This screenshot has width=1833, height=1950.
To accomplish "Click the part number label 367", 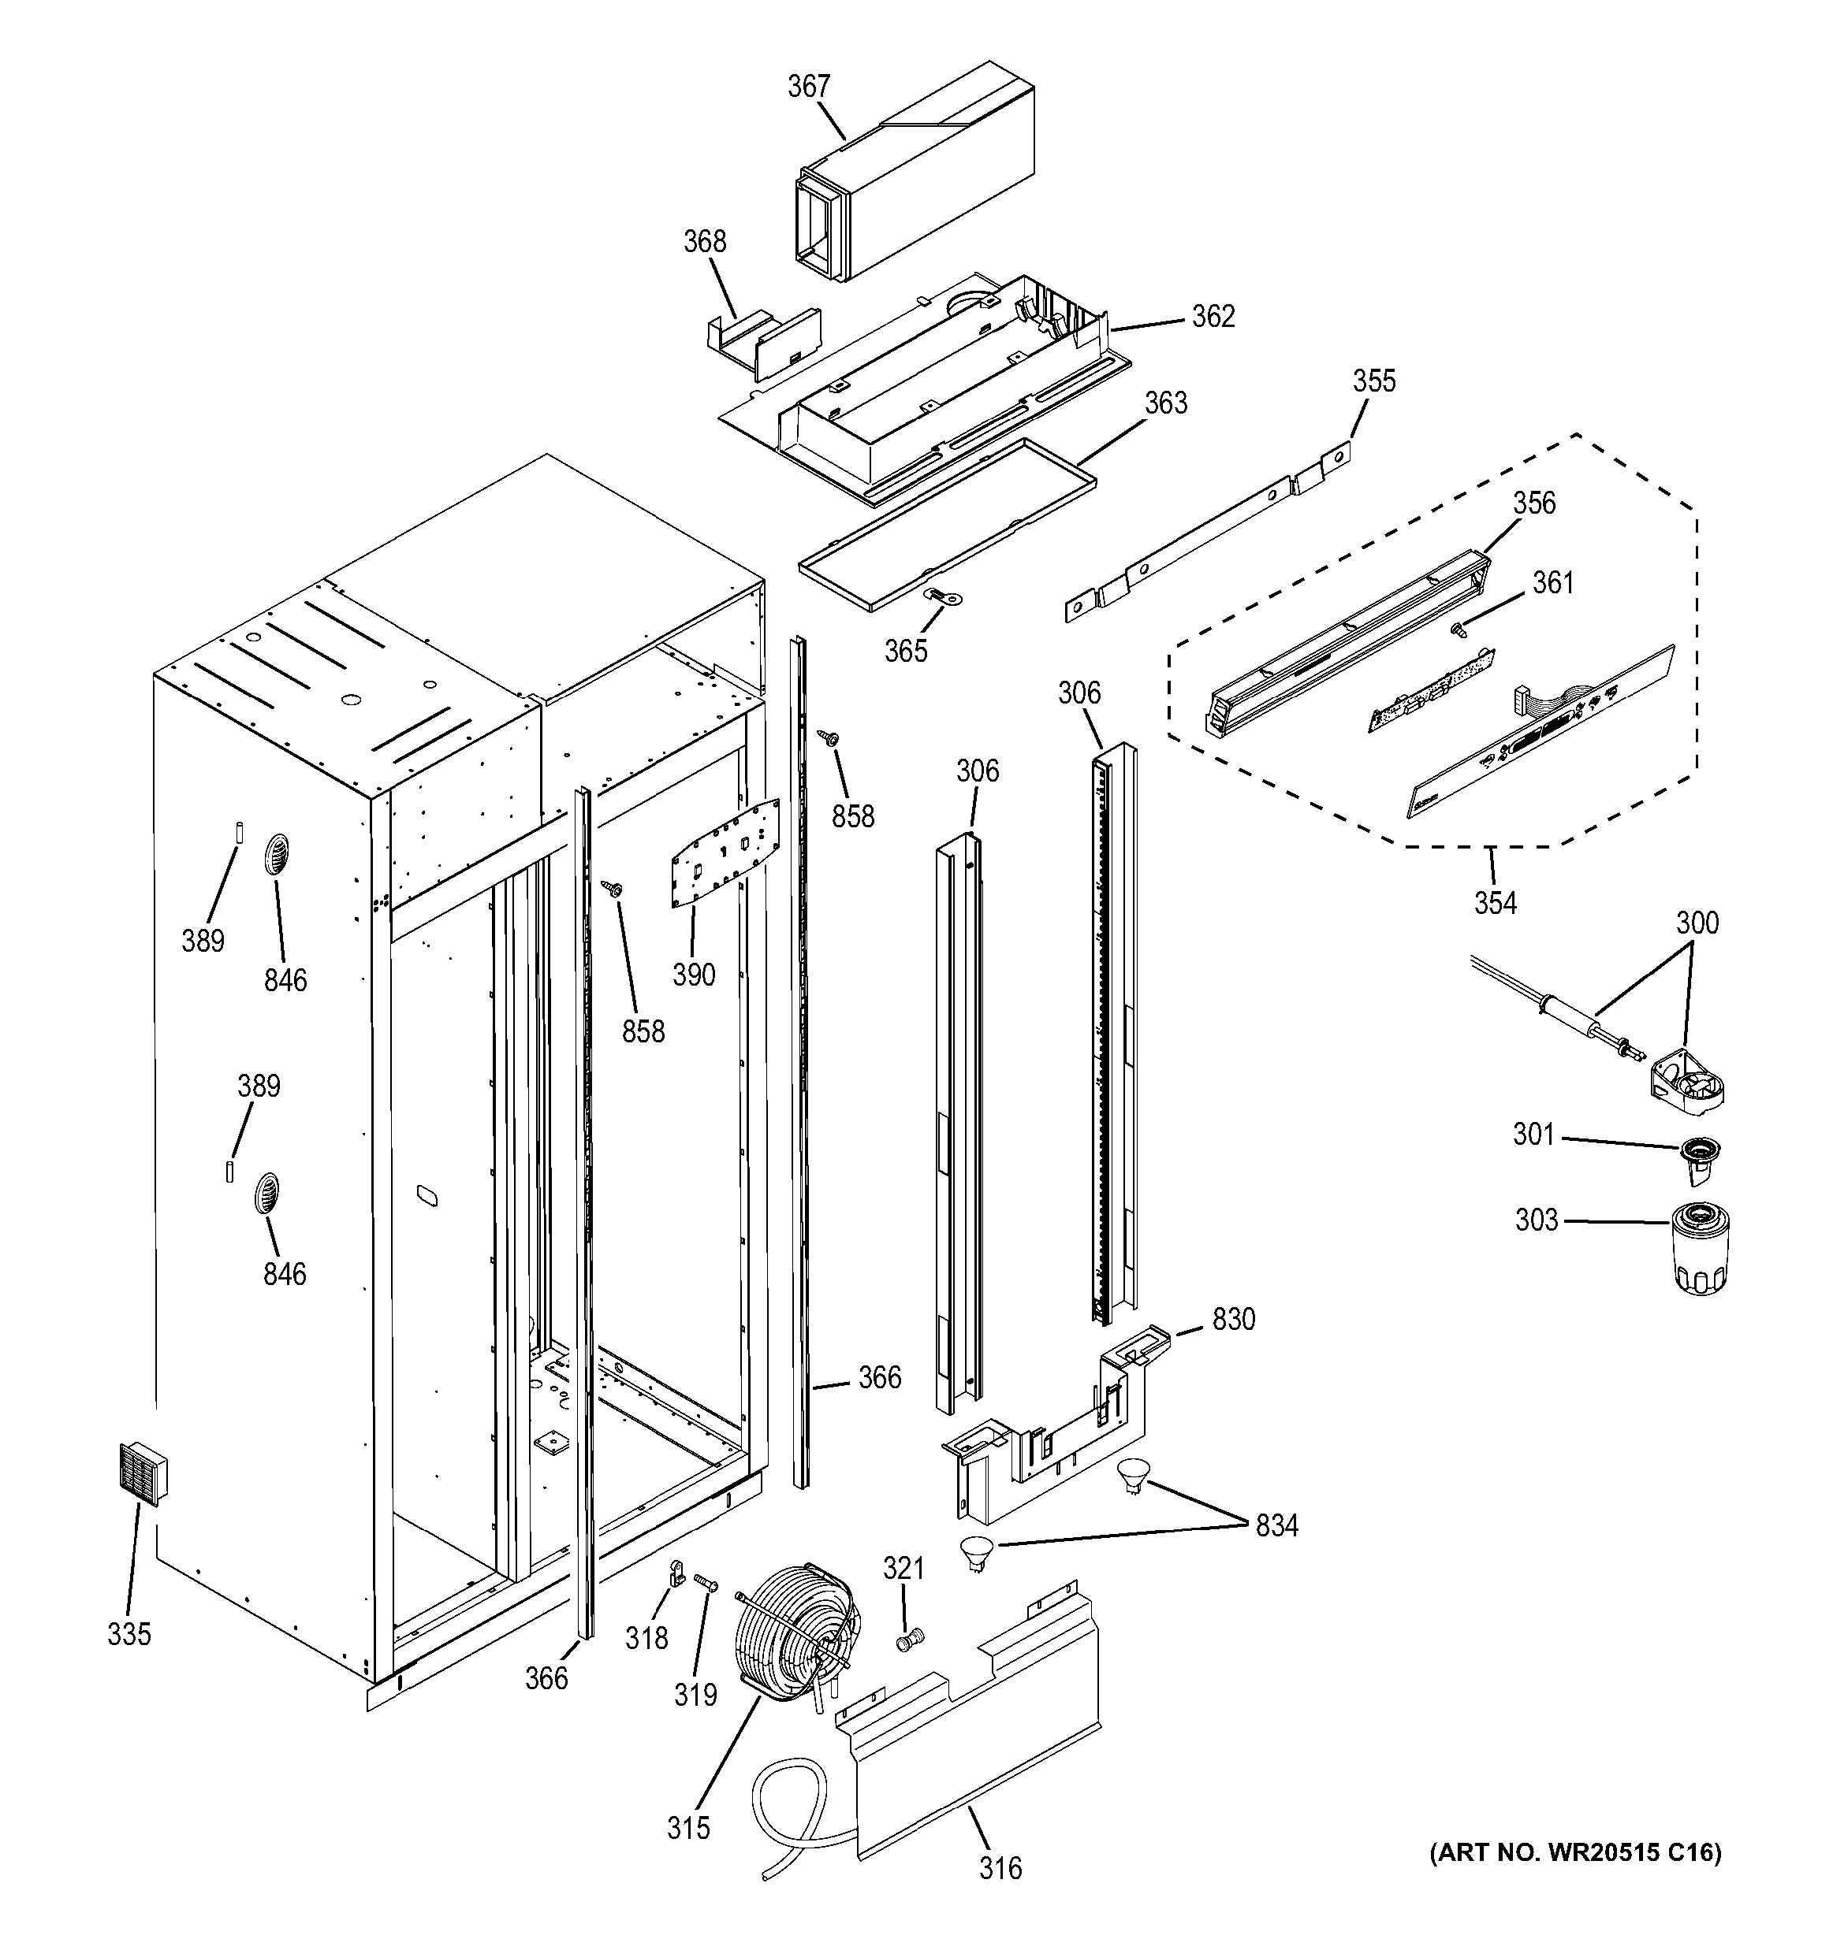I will [809, 87].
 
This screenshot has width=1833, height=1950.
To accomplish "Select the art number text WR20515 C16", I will [1576, 1852].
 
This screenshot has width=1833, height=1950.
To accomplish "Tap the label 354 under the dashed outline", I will [1495, 902].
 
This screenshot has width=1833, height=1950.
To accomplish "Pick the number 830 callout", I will [1234, 1319].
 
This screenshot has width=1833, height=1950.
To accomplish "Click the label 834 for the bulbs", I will [1276, 1525].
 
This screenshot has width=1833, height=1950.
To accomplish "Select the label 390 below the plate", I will [694, 974].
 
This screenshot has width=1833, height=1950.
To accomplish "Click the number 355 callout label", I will [1374, 381].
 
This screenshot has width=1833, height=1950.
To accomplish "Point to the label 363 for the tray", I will [1166, 403].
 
